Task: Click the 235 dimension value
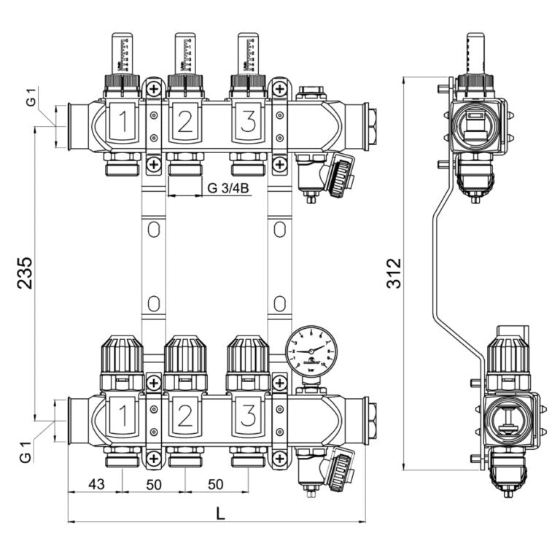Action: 24,273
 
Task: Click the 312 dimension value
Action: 394,273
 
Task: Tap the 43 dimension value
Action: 95,484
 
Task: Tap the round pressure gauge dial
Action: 311,351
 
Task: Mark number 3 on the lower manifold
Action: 248,416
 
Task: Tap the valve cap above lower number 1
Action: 122,354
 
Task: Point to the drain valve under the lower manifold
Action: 326,469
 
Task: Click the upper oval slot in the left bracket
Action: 153,230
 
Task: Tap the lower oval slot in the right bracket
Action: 279,302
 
